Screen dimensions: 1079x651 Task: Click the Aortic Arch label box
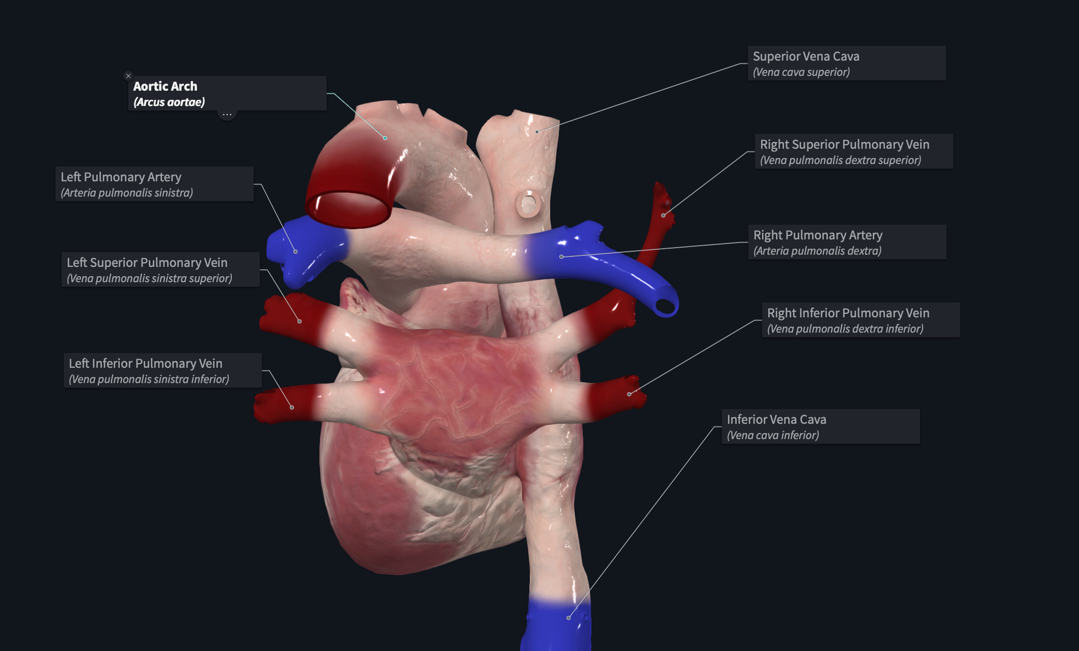227,93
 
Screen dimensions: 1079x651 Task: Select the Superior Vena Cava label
847,63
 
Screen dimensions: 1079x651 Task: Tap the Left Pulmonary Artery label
154,184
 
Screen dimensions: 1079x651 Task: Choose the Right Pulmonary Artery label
847,242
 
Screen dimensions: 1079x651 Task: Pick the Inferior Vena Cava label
821,426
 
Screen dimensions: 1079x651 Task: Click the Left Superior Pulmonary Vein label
160,269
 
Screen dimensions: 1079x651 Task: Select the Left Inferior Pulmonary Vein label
163,370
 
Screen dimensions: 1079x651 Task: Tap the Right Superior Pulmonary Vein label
854,151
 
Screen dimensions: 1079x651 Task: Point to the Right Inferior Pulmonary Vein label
861,320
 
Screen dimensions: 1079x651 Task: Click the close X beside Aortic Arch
128,76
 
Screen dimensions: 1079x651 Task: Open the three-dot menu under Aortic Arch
227,115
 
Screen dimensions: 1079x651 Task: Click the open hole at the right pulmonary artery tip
664,306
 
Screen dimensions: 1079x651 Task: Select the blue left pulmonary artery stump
306,250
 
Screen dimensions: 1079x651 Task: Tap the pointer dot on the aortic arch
385,138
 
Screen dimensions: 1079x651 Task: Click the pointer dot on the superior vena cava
537,132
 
